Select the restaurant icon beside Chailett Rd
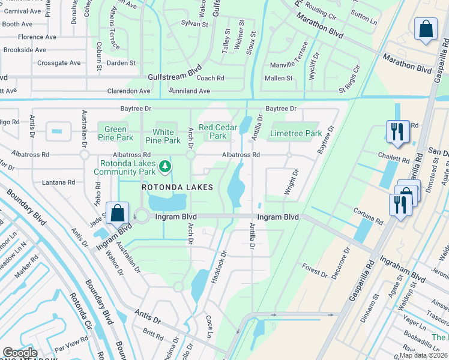(x=397, y=131)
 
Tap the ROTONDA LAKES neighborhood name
(x=177, y=187)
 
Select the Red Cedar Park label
(x=214, y=131)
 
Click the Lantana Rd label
(x=58, y=182)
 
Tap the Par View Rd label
(x=71, y=346)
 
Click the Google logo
(x=20, y=353)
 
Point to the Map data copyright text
(x=424, y=355)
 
